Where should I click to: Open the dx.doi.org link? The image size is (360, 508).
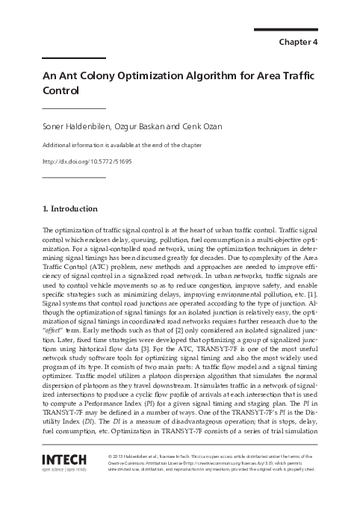(x=81, y=161)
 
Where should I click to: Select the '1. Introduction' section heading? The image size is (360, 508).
(x=75, y=208)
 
